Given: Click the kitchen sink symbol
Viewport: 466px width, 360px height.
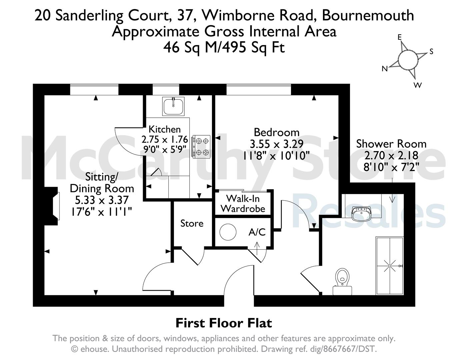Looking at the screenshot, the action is click(173, 106).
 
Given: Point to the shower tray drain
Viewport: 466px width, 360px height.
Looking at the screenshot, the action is click(390, 266).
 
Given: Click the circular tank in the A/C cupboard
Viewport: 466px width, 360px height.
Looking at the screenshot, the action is click(228, 232).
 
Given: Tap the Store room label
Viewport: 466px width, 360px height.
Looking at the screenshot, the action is click(192, 223).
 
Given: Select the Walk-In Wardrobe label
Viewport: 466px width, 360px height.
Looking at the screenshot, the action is click(243, 203).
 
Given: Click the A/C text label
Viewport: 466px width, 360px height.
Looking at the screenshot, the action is click(257, 232).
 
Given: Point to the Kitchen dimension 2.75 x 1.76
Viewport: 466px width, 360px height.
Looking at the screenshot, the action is click(165, 139).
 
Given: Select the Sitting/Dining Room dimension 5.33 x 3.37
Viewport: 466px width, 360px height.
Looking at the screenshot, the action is click(102, 200).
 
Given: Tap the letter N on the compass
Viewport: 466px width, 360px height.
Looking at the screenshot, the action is click(385, 69).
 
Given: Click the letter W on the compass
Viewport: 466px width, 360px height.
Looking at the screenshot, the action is click(417, 85).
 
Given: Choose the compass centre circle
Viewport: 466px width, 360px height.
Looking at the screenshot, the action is click(408, 60).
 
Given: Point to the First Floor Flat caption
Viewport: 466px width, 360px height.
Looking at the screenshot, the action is click(224, 323).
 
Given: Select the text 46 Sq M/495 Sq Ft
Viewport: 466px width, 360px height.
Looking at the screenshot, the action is click(224, 47).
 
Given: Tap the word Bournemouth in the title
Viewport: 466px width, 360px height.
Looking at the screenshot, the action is click(368, 15).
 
